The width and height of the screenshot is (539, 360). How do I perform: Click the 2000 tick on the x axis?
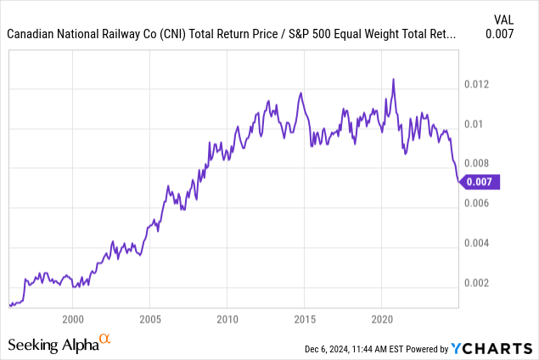pyautogui.click(x=73, y=319)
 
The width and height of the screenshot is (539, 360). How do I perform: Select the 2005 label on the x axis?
pyautogui.click(x=149, y=319)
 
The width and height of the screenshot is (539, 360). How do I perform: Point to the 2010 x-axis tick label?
pyautogui.click(x=227, y=319)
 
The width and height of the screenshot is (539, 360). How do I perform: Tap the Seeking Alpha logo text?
pyautogui.click(x=53, y=345)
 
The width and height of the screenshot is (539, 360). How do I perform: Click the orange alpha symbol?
pyautogui.click(x=105, y=339)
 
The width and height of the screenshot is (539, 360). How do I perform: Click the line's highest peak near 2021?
pyautogui.click(x=393, y=79)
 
